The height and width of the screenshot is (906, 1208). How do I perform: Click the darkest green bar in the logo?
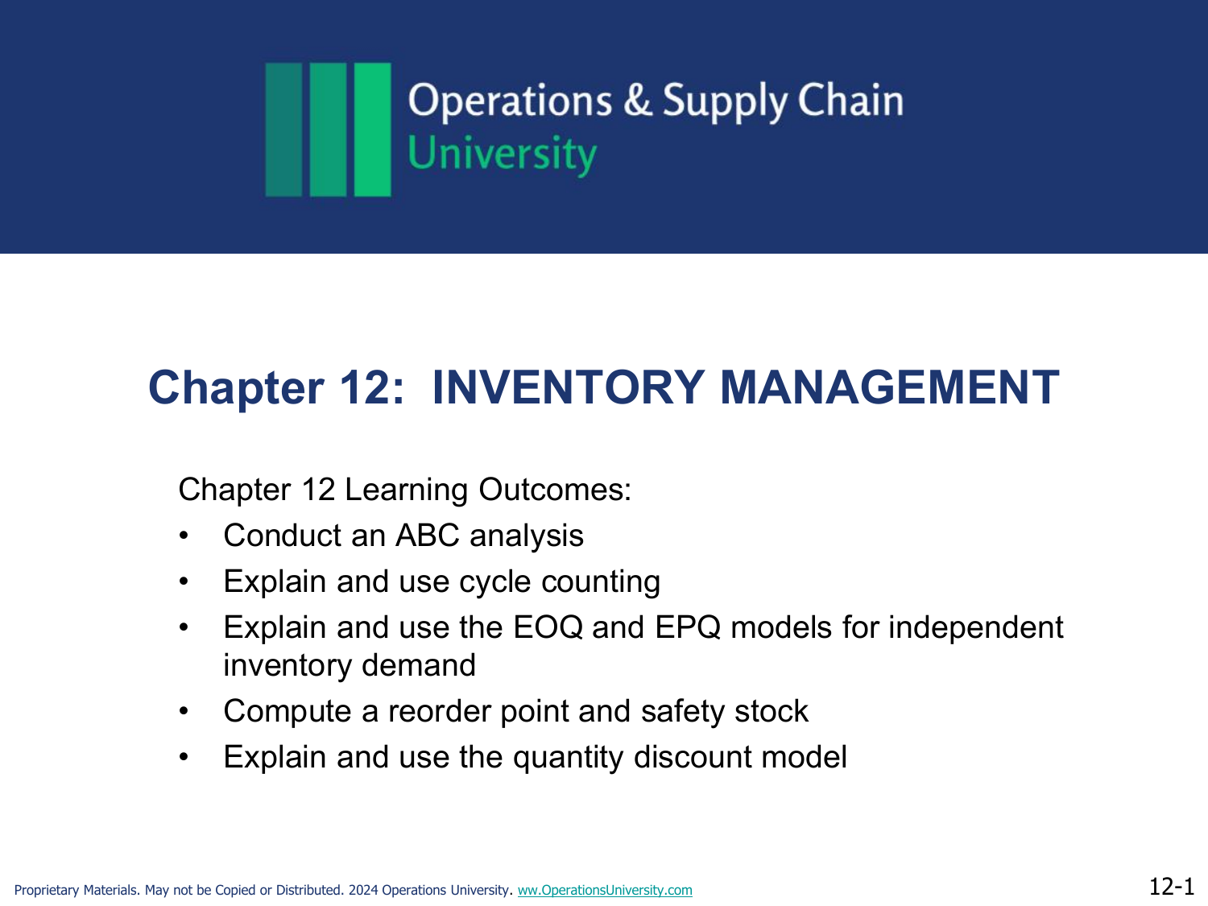click(283, 130)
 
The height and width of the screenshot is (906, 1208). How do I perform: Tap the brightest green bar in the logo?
click(373, 130)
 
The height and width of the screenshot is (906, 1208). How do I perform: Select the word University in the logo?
click(502, 155)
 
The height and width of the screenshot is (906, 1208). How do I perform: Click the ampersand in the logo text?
click(637, 100)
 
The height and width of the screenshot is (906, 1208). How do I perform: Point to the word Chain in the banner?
click(850, 100)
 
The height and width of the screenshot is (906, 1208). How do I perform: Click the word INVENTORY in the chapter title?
click(568, 387)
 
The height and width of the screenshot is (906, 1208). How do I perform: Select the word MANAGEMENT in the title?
click(889, 387)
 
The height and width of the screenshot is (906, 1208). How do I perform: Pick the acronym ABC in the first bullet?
click(428, 536)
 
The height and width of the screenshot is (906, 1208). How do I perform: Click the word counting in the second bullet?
click(601, 582)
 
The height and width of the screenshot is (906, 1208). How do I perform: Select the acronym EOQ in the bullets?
click(548, 627)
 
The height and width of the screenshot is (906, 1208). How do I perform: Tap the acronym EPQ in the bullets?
click(688, 627)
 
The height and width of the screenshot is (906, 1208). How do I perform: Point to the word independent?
click(976, 627)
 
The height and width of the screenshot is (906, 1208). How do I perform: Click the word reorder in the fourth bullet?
click(439, 711)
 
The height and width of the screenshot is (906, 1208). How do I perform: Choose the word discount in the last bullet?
click(693, 757)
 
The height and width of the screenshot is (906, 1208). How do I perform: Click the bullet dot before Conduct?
click(184, 536)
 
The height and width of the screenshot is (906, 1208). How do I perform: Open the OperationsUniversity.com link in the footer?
click(605, 890)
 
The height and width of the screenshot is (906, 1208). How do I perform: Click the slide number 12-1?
click(1172, 887)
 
